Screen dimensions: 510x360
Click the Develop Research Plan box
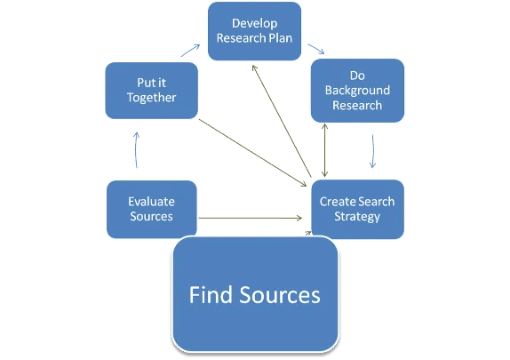click(254, 31)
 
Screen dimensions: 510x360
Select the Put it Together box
click(152, 91)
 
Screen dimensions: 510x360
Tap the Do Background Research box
click(357, 91)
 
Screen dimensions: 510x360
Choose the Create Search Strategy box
click(357, 209)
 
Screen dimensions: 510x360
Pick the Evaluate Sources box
click(152, 209)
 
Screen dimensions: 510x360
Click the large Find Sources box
click(255, 294)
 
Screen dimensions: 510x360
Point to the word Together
click(152, 98)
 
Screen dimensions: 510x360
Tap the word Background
click(357, 91)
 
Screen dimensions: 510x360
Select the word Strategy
click(357, 217)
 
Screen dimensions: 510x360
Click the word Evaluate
click(152, 202)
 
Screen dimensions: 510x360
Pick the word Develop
click(255, 24)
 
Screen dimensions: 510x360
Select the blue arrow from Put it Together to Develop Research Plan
click(190, 51)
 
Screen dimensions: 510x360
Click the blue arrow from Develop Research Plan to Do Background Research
click(316, 49)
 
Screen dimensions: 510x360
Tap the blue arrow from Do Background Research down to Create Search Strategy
click(373, 151)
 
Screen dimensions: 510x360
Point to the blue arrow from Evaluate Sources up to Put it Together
click(136, 149)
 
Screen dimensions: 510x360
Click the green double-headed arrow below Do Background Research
click(324, 150)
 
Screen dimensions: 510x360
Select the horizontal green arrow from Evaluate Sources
click(251, 218)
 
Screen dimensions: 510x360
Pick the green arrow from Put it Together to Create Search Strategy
click(252, 153)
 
